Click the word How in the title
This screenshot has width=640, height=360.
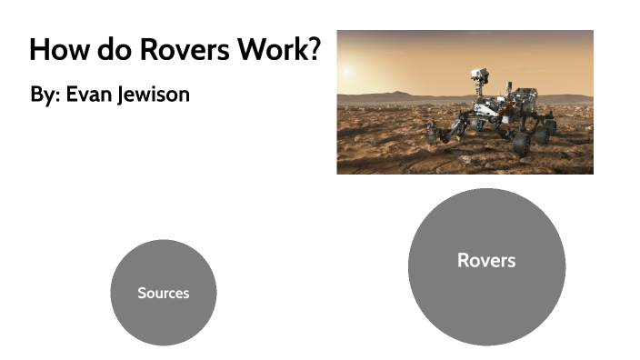(57, 49)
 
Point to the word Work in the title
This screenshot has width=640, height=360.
(270, 49)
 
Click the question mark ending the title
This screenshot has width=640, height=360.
(314, 49)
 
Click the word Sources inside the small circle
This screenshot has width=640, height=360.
(164, 293)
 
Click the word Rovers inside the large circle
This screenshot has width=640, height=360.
(486, 261)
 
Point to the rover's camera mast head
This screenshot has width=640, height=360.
(479, 72)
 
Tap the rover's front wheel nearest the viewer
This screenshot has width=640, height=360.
(521, 143)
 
